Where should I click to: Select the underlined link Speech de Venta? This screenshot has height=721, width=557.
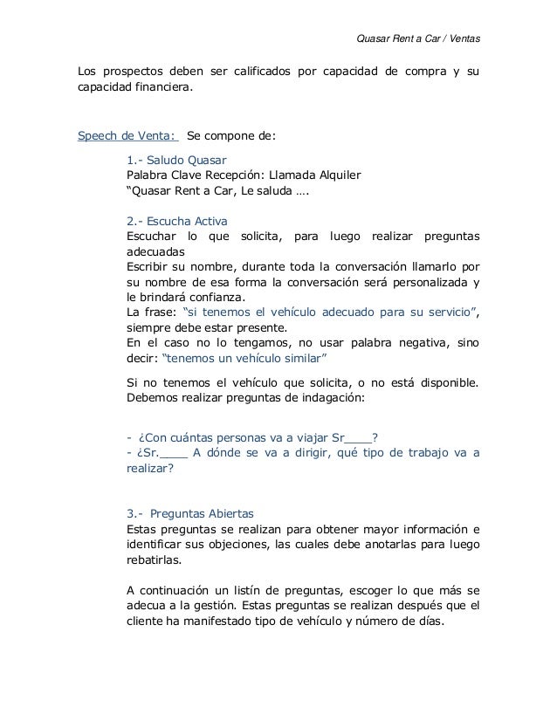(128, 137)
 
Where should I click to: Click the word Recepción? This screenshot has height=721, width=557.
(248, 176)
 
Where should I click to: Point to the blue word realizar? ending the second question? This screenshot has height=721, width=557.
(150, 468)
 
